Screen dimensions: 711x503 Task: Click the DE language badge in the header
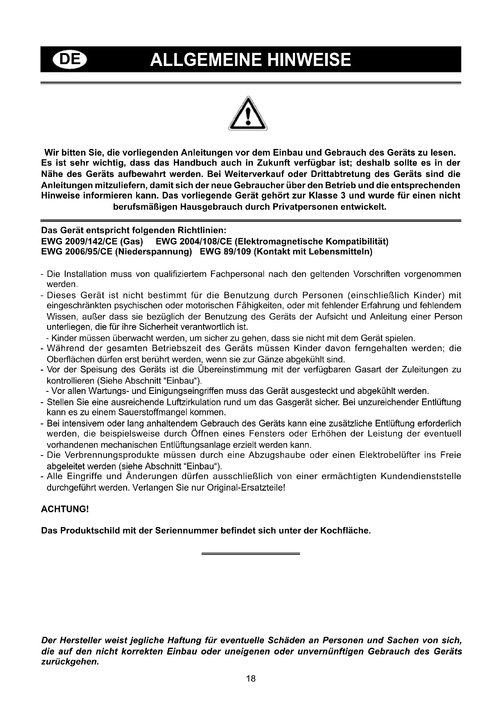pyautogui.click(x=70, y=60)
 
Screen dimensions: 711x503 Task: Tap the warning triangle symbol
pyautogui.click(x=248, y=114)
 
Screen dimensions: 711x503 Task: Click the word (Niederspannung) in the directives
pyautogui.click(x=153, y=251)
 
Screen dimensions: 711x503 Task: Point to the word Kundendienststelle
pyautogui.click(x=421, y=476)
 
